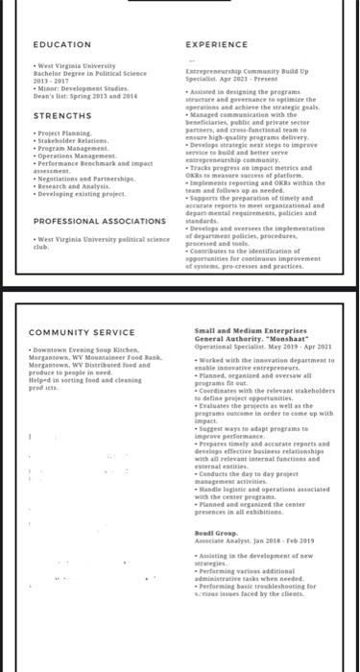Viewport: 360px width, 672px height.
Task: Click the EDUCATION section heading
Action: tap(62, 45)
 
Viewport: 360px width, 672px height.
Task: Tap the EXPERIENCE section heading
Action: tap(216, 45)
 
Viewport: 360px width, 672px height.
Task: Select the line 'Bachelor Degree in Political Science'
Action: tap(90, 72)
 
